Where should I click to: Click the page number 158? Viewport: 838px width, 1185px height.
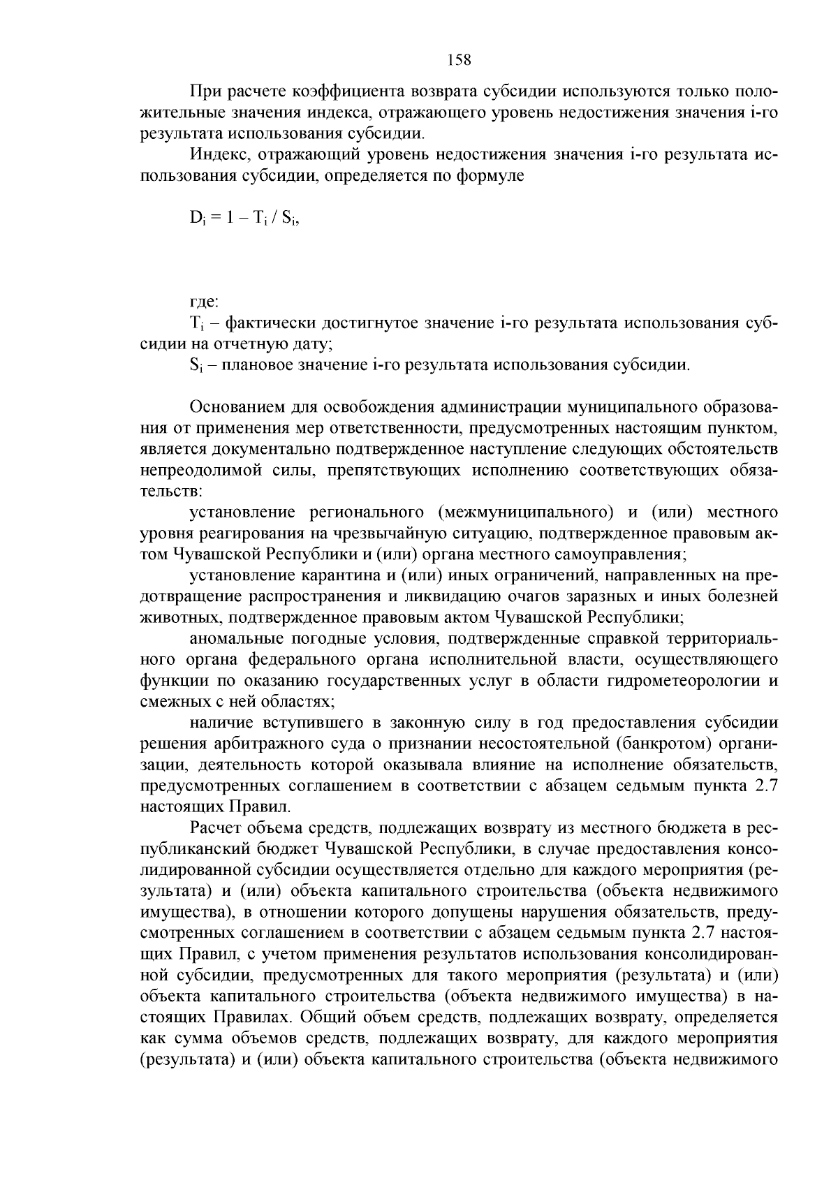click(x=459, y=61)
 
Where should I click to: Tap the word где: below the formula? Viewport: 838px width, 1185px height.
click(x=205, y=302)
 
